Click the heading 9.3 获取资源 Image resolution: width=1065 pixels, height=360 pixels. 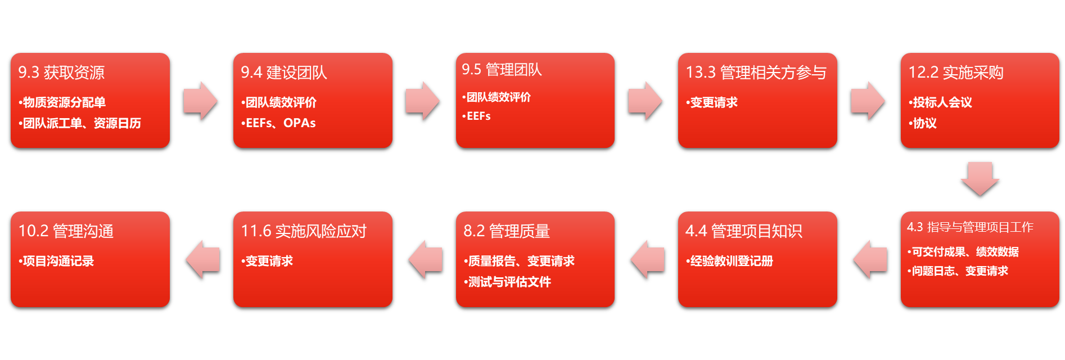pos(61,73)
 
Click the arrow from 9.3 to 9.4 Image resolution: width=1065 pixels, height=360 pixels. pos(201,101)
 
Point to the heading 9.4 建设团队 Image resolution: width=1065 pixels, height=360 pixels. pos(284,73)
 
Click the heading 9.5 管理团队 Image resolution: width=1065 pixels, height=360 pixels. pos(502,70)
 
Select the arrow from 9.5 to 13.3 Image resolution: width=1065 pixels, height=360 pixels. pos(646,101)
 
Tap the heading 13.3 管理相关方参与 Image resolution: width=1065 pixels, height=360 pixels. pos(756,73)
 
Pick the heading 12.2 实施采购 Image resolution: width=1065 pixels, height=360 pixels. pos(956,73)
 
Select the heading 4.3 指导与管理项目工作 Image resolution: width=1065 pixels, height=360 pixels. pos(970,227)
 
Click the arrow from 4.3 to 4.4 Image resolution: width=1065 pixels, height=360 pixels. pos(869,259)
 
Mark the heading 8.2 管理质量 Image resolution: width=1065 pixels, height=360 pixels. pos(506,231)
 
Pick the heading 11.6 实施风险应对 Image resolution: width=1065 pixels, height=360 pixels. pos(304,231)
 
